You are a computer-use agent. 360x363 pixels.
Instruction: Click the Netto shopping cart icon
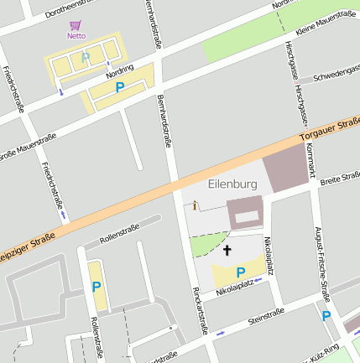pos(76,25)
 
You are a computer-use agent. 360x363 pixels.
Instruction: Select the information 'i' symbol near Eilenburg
pos(195,205)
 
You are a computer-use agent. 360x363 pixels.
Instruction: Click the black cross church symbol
pos(227,250)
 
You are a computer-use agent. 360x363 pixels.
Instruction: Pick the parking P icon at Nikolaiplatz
pos(241,272)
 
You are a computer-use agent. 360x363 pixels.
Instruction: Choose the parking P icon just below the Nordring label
pos(119,87)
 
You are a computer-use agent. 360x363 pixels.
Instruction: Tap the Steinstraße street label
pos(266,316)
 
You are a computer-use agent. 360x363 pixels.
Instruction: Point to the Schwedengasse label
pos(335,76)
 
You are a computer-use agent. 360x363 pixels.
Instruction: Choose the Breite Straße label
pos(340,178)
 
